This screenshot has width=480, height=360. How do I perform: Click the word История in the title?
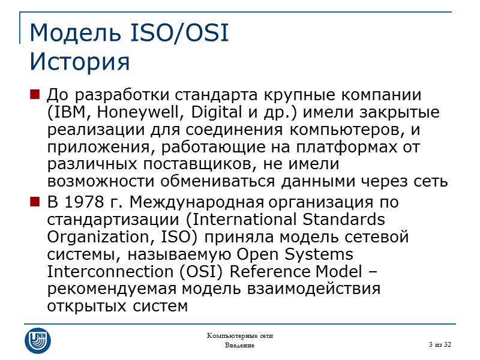click(x=79, y=61)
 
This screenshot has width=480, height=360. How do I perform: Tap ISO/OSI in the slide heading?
click(x=178, y=34)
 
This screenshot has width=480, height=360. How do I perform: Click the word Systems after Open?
click(x=319, y=254)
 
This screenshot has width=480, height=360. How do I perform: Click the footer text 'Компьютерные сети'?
click(x=240, y=335)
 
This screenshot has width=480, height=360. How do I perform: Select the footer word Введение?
click(x=240, y=346)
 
